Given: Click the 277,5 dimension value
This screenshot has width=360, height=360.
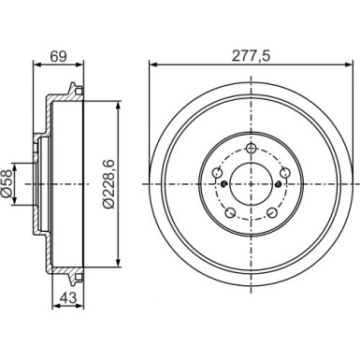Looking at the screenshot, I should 252,56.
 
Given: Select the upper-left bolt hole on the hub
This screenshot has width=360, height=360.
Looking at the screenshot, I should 217,172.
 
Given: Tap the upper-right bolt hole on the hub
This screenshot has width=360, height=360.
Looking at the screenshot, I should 286,172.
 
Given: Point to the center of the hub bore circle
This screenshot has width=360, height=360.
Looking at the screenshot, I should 252,184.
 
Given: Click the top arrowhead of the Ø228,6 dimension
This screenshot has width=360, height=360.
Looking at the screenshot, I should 116,106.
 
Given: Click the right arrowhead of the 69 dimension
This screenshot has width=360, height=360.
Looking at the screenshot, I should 80,65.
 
